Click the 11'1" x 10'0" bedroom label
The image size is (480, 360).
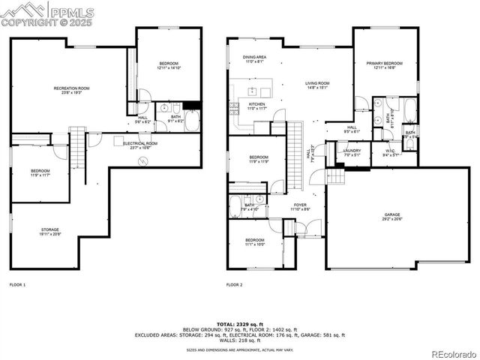(x=254, y=242)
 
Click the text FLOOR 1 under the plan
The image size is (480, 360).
(x=17, y=286)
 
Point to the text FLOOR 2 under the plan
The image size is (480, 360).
(x=235, y=286)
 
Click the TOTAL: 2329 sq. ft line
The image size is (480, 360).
(x=240, y=323)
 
